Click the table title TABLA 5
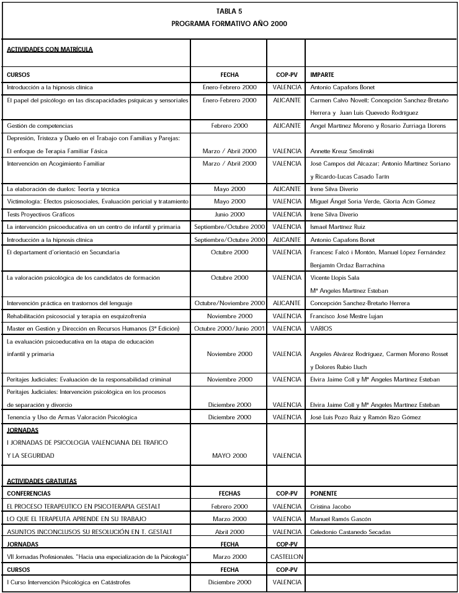pyautogui.click(x=229, y=11)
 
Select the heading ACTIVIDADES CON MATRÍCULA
pyautogui.click(x=50, y=49)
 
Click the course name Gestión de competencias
pyautogui.click(x=40, y=125)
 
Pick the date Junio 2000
pyautogui.click(x=229, y=214)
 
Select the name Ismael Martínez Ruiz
pyautogui.click(x=338, y=227)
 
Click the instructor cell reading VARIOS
pyautogui.click(x=321, y=328)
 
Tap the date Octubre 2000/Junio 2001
pyautogui.click(x=229, y=328)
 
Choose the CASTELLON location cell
pyautogui.click(x=287, y=557)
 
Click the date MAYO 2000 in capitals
pyautogui.click(x=229, y=456)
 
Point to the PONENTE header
pyautogui.click(x=323, y=493)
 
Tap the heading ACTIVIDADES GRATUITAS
pyautogui.click(x=42, y=481)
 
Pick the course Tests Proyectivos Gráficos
pyautogui.click(x=40, y=214)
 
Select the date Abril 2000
pyautogui.click(x=229, y=532)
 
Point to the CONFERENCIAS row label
pyautogui.click(x=29, y=493)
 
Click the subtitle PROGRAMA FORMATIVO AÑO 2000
pyautogui.click(x=229, y=24)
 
